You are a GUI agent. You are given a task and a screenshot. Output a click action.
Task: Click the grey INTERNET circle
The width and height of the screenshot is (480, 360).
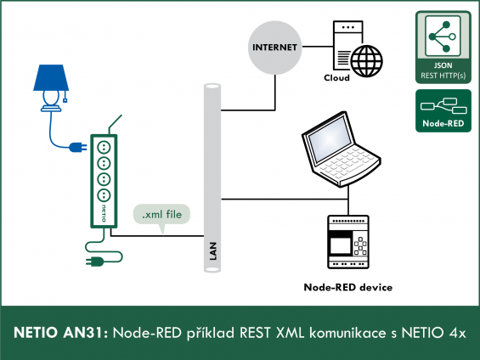point(274,48)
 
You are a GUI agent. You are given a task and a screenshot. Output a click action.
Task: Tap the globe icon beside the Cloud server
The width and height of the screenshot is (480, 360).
point(366,61)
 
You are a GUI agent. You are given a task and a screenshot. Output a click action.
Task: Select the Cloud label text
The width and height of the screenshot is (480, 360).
point(336,78)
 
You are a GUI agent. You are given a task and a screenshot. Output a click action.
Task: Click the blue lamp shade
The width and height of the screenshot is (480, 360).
point(51,77)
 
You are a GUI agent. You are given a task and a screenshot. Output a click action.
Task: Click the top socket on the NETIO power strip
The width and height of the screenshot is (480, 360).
point(104,147)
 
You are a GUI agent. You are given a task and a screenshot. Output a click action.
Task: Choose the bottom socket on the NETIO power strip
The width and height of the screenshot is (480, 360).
point(104,195)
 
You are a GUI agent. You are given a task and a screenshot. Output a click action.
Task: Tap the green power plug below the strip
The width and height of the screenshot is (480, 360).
point(95,262)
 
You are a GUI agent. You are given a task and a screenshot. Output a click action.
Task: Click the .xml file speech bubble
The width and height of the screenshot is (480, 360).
point(161,215)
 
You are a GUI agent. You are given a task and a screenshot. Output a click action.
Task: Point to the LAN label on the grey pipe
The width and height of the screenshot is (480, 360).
point(213,251)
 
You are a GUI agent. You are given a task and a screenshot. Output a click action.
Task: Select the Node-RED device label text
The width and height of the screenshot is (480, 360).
point(348,287)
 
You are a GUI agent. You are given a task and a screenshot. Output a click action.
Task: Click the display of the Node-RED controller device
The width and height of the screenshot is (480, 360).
point(341,245)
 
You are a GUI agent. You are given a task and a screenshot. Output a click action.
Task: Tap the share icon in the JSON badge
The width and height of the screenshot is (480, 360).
point(443,37)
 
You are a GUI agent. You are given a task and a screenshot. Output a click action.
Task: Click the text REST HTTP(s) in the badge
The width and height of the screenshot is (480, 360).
point(443,76)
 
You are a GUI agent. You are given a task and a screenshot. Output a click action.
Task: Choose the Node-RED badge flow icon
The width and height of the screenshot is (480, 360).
point(443,106)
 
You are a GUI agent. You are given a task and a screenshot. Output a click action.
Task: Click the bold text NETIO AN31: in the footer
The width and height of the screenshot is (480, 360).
point(60,333)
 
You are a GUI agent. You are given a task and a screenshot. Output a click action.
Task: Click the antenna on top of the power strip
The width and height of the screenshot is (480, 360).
point(115,125)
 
